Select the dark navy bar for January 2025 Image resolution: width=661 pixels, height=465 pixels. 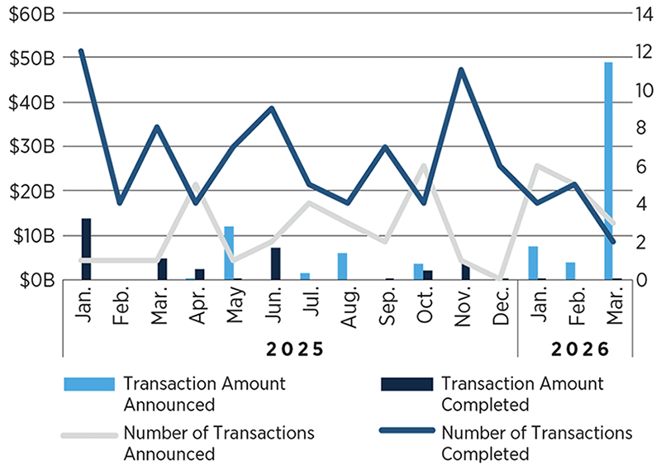point(86,249)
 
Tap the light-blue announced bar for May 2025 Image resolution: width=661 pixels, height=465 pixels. point(229,253)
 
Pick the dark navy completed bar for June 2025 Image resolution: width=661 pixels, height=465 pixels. point(276,263)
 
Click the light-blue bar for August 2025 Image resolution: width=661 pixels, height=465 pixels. point(342,266)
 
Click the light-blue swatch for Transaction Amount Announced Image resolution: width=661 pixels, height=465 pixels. point(88,385)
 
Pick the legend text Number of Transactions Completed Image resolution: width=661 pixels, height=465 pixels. point(536,443)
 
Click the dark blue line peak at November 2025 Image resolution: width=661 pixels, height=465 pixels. point(461,69)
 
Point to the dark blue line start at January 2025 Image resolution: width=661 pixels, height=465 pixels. point(81,51)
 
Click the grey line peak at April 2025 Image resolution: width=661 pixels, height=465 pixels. point(196,185)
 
